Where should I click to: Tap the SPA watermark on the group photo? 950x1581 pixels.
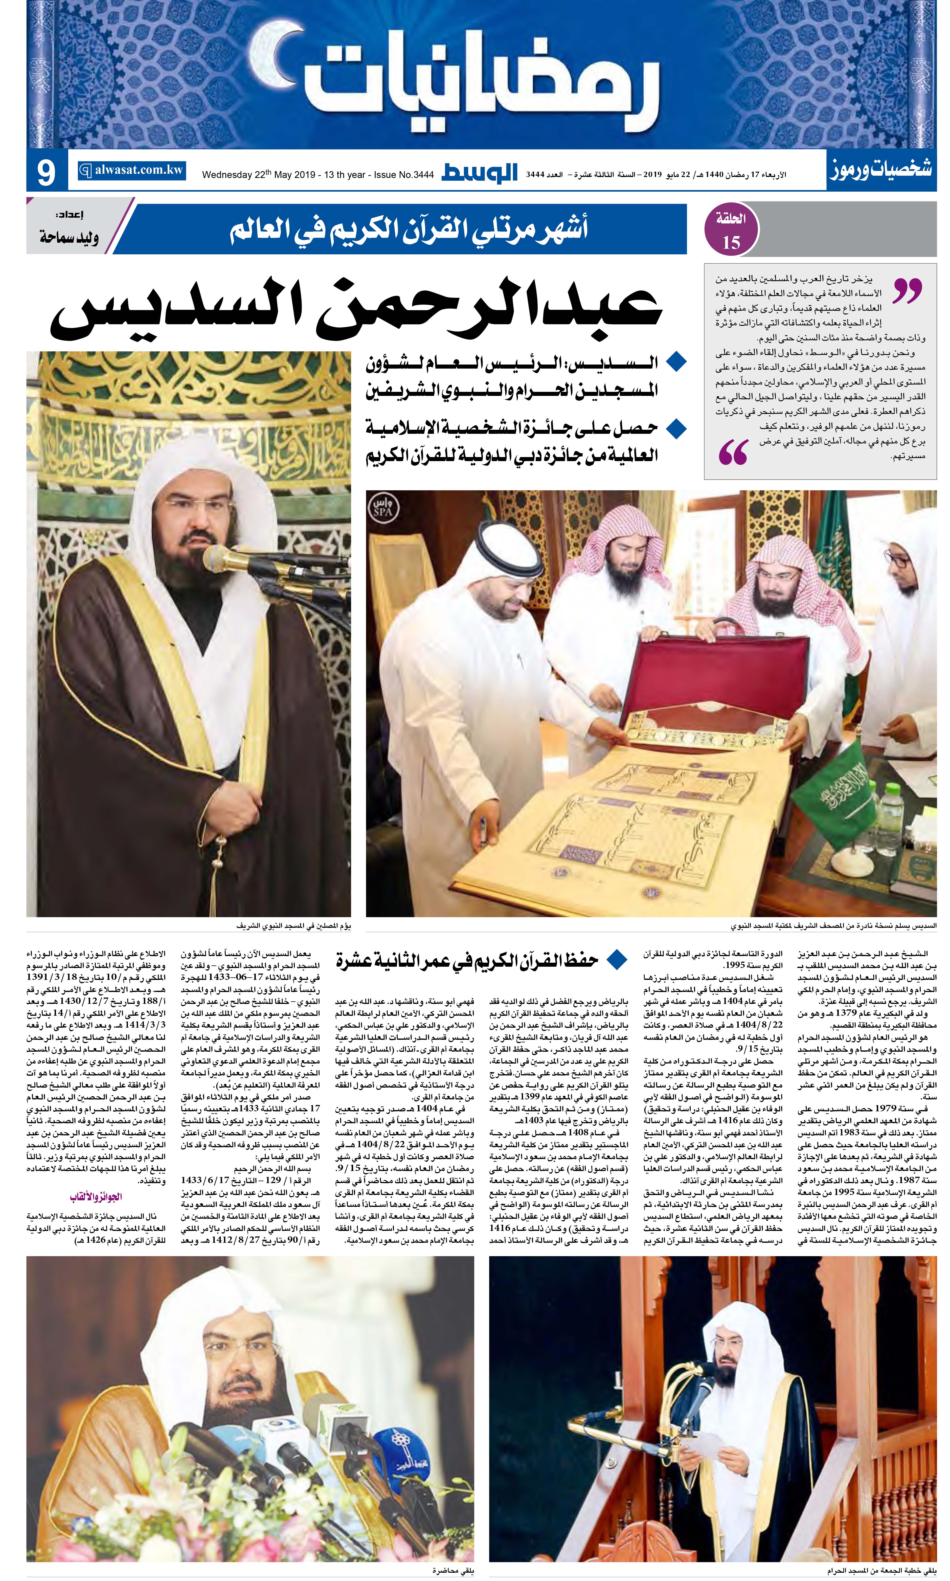pyautogui.click(x=386, y=509)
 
